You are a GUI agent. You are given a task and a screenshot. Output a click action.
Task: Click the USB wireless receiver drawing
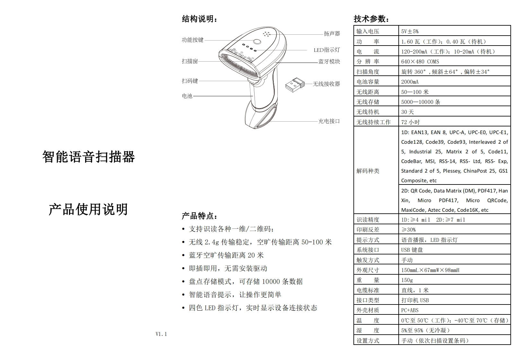click(x=295, y=85)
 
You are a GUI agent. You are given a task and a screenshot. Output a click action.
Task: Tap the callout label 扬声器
click(x=332, y=34)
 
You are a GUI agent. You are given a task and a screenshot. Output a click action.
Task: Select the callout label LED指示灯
click(x=326, y=50)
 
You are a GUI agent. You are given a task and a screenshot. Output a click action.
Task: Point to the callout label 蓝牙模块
click(x=329, y=62)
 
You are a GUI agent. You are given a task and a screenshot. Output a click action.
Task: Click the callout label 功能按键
click(x=193, y=40)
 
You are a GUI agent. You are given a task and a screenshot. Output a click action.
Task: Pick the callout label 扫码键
click(x=190, y=81)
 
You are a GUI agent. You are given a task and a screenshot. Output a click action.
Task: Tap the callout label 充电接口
click(x=329, y=121)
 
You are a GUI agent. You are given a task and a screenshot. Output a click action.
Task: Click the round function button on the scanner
click(x=257, y=42)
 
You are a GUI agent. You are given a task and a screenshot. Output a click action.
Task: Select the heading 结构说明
click(x=199, y=19)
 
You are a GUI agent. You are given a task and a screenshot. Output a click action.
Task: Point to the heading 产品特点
click(x=199, y=216)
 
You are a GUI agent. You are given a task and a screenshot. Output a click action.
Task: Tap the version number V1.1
click(x=161, y=334)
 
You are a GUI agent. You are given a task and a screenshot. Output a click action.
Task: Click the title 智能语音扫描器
click(x=89, y=157)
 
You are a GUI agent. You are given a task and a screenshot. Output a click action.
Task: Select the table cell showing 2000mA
click(x=410, y=82)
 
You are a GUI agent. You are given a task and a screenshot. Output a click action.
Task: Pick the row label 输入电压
click(x=368, y=31)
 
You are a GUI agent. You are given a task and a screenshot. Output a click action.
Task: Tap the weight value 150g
click(x=407, y=280)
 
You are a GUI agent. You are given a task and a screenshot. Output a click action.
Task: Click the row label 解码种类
click(x=368, y=171)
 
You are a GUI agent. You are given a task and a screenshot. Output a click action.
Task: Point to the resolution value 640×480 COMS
click(x=420, y=62)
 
